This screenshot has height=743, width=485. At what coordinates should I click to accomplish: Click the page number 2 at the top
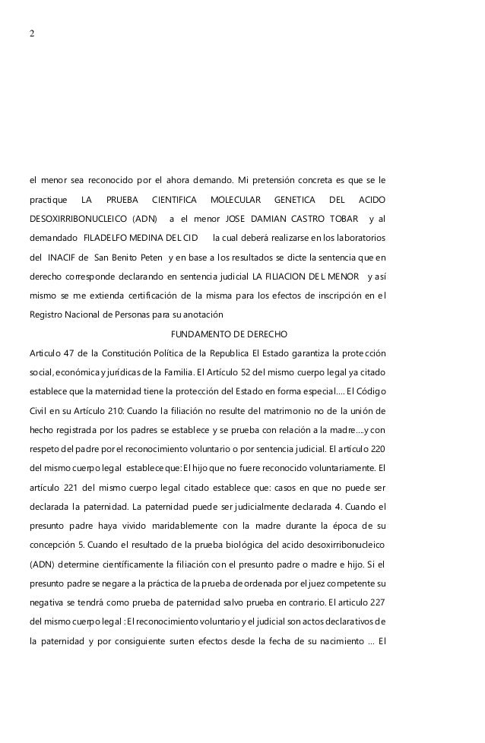click(x=32, y=35)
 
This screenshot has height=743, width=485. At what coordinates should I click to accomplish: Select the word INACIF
click(x=63, y=258)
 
